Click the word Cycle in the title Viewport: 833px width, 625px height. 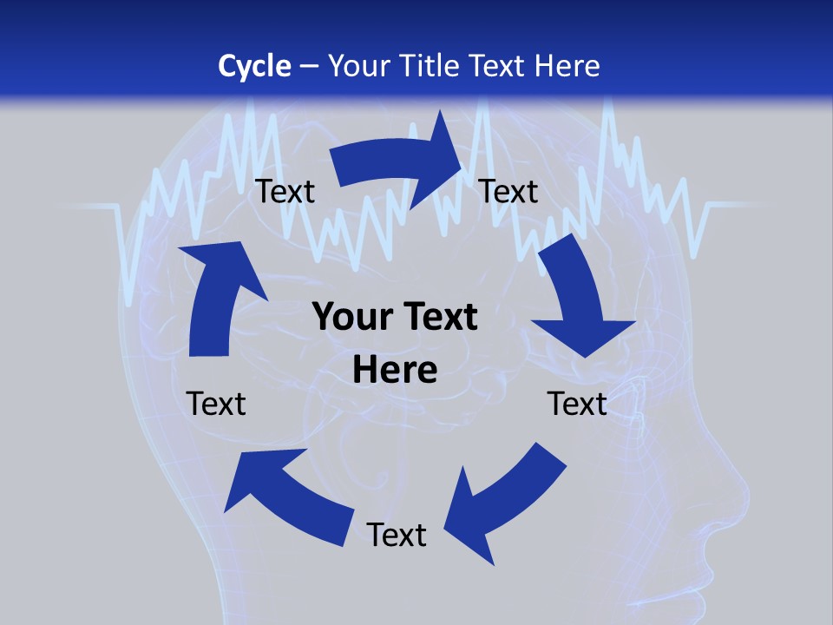point(254,66)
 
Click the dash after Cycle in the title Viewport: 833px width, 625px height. point(309,67)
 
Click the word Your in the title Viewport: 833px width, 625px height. point(357,66)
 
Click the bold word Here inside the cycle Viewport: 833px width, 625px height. point(395,370)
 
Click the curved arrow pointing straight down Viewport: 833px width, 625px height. point(577,295)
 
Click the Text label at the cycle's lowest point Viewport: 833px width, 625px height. point(397,535)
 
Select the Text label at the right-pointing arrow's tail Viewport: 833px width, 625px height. point(285,191)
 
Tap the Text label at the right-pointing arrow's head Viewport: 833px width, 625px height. point(508,191)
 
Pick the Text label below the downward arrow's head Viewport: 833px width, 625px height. point(577,404)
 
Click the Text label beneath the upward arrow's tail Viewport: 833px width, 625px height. point(216,404)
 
